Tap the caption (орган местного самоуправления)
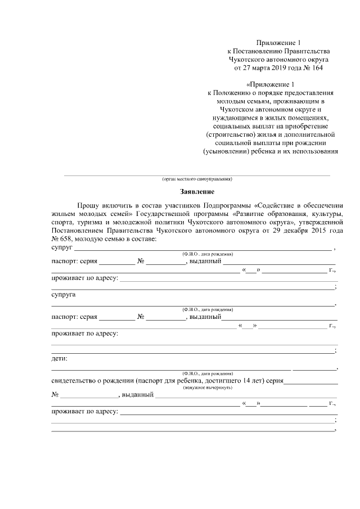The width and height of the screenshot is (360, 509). pyautogui.click(x=196, y=179)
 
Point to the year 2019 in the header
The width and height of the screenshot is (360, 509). pyautogui.click(x=275, y=68)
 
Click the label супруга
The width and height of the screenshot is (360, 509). pyautogui.click(x=64, y=295)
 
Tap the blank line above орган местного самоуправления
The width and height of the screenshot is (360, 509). pyautogui.click(x=196, y=174)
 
